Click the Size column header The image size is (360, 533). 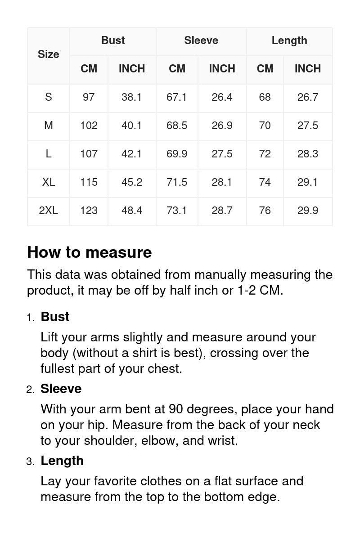[49, 54]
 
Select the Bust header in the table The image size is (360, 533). [113, 40]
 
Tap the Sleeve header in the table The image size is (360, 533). [201, 40]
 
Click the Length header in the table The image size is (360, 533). [289, 40]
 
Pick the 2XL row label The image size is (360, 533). [49, 211]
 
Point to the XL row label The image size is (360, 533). [49, 182]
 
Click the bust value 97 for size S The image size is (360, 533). [89, 97]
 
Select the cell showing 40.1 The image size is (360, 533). [131, 125]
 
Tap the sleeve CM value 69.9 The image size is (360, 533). [177, 154]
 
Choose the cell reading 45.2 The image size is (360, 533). [131, 182]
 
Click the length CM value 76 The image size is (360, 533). [265, 211]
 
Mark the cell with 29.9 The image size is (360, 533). [308, 211]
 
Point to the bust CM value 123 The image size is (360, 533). [89, 211]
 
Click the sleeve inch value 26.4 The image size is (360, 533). [222, 97]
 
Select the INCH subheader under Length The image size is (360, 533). [308, 69]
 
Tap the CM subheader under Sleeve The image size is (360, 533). [177, 69]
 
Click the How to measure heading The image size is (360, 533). [90, 252]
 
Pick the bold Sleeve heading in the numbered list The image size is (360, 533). [61, 389]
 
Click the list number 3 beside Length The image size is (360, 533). [30, 461]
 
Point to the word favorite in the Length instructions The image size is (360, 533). [115, 481]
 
